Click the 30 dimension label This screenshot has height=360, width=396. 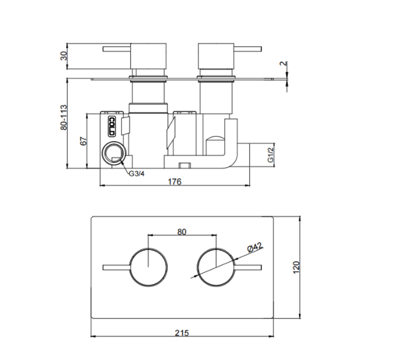click(64, 56)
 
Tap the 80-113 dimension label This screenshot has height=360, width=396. click(64, 117)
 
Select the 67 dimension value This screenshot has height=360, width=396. click(83, 141)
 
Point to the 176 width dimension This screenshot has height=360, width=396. click(175, 182)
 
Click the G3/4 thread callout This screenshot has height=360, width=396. click(137, 174)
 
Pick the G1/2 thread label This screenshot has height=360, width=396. click(271, 155)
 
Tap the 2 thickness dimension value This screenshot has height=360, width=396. click(284, 63)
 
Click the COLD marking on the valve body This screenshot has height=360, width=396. click(112, 127)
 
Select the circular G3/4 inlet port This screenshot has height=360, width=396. click(114, 153)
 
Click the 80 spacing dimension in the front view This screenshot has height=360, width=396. click(182, 231)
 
